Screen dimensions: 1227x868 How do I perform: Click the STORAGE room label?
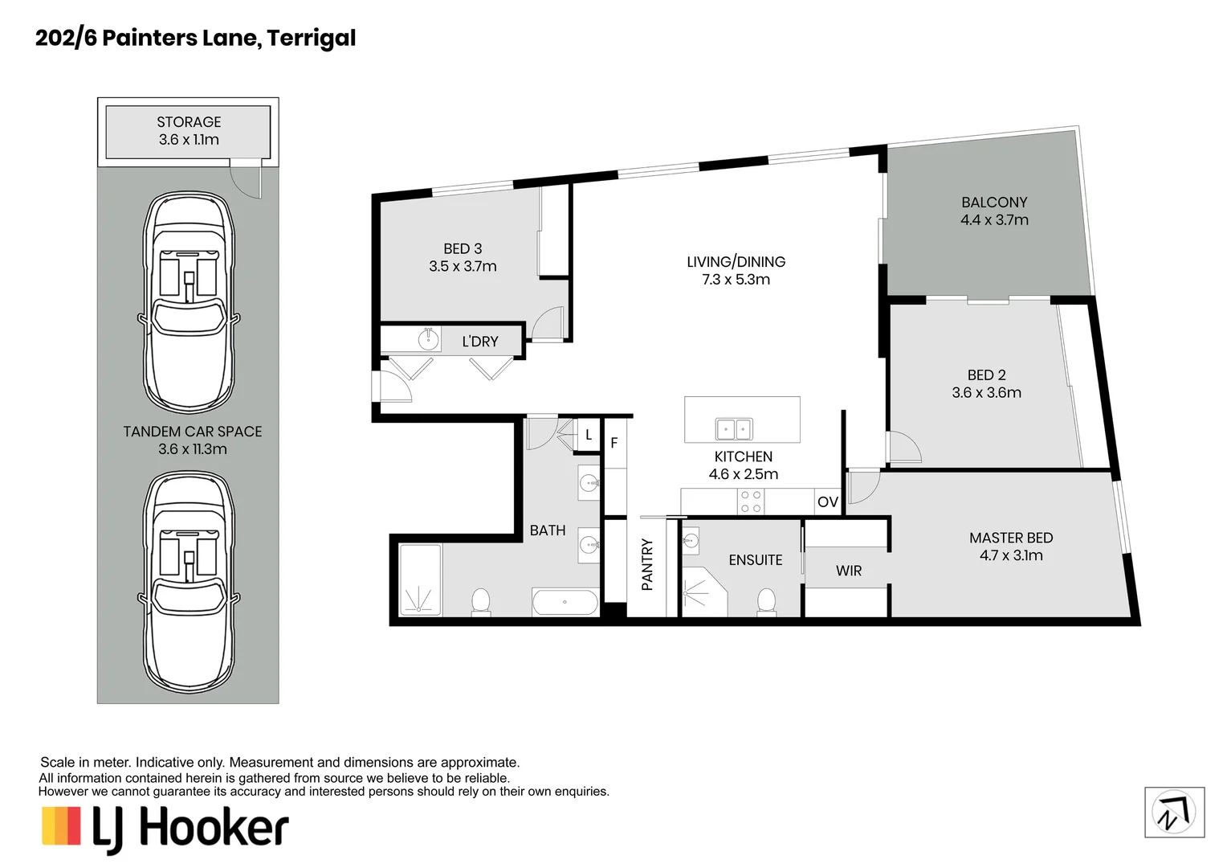click(x=189, y=121)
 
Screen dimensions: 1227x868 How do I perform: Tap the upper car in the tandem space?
click(x=189, y=302)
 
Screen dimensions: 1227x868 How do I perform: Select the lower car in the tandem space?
click(x=189, y=582)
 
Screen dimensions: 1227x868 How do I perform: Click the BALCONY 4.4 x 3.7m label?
click(x=994, y=211)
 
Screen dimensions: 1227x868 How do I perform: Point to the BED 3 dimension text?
click(x=463, y=267)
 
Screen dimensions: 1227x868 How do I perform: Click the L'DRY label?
click(x=480, y=342)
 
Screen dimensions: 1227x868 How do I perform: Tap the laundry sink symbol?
click(x=428, y=339)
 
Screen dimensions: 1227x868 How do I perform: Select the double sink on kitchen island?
click(x=734, y=429)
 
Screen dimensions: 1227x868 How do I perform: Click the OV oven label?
click(x=828, y=502)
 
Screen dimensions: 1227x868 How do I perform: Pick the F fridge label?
click(x=614, y=443)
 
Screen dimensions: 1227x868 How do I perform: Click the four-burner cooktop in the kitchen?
click(x=751, y=502)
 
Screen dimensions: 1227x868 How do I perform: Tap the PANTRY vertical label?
click(x=647, y=565)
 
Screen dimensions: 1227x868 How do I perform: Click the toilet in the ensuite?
click(x=766, y=602)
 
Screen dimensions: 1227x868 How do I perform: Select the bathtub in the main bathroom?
click(x=565, y=602)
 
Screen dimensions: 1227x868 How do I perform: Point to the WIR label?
click(x=849, y=571)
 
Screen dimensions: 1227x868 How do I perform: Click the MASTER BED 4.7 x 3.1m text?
click(x=1011, y=547)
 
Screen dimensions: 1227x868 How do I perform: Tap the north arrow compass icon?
click(x=1175, y=812)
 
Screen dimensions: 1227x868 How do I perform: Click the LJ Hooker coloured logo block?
click(x=61, y=825)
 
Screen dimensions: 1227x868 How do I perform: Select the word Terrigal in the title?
click(x=312, y=39)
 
